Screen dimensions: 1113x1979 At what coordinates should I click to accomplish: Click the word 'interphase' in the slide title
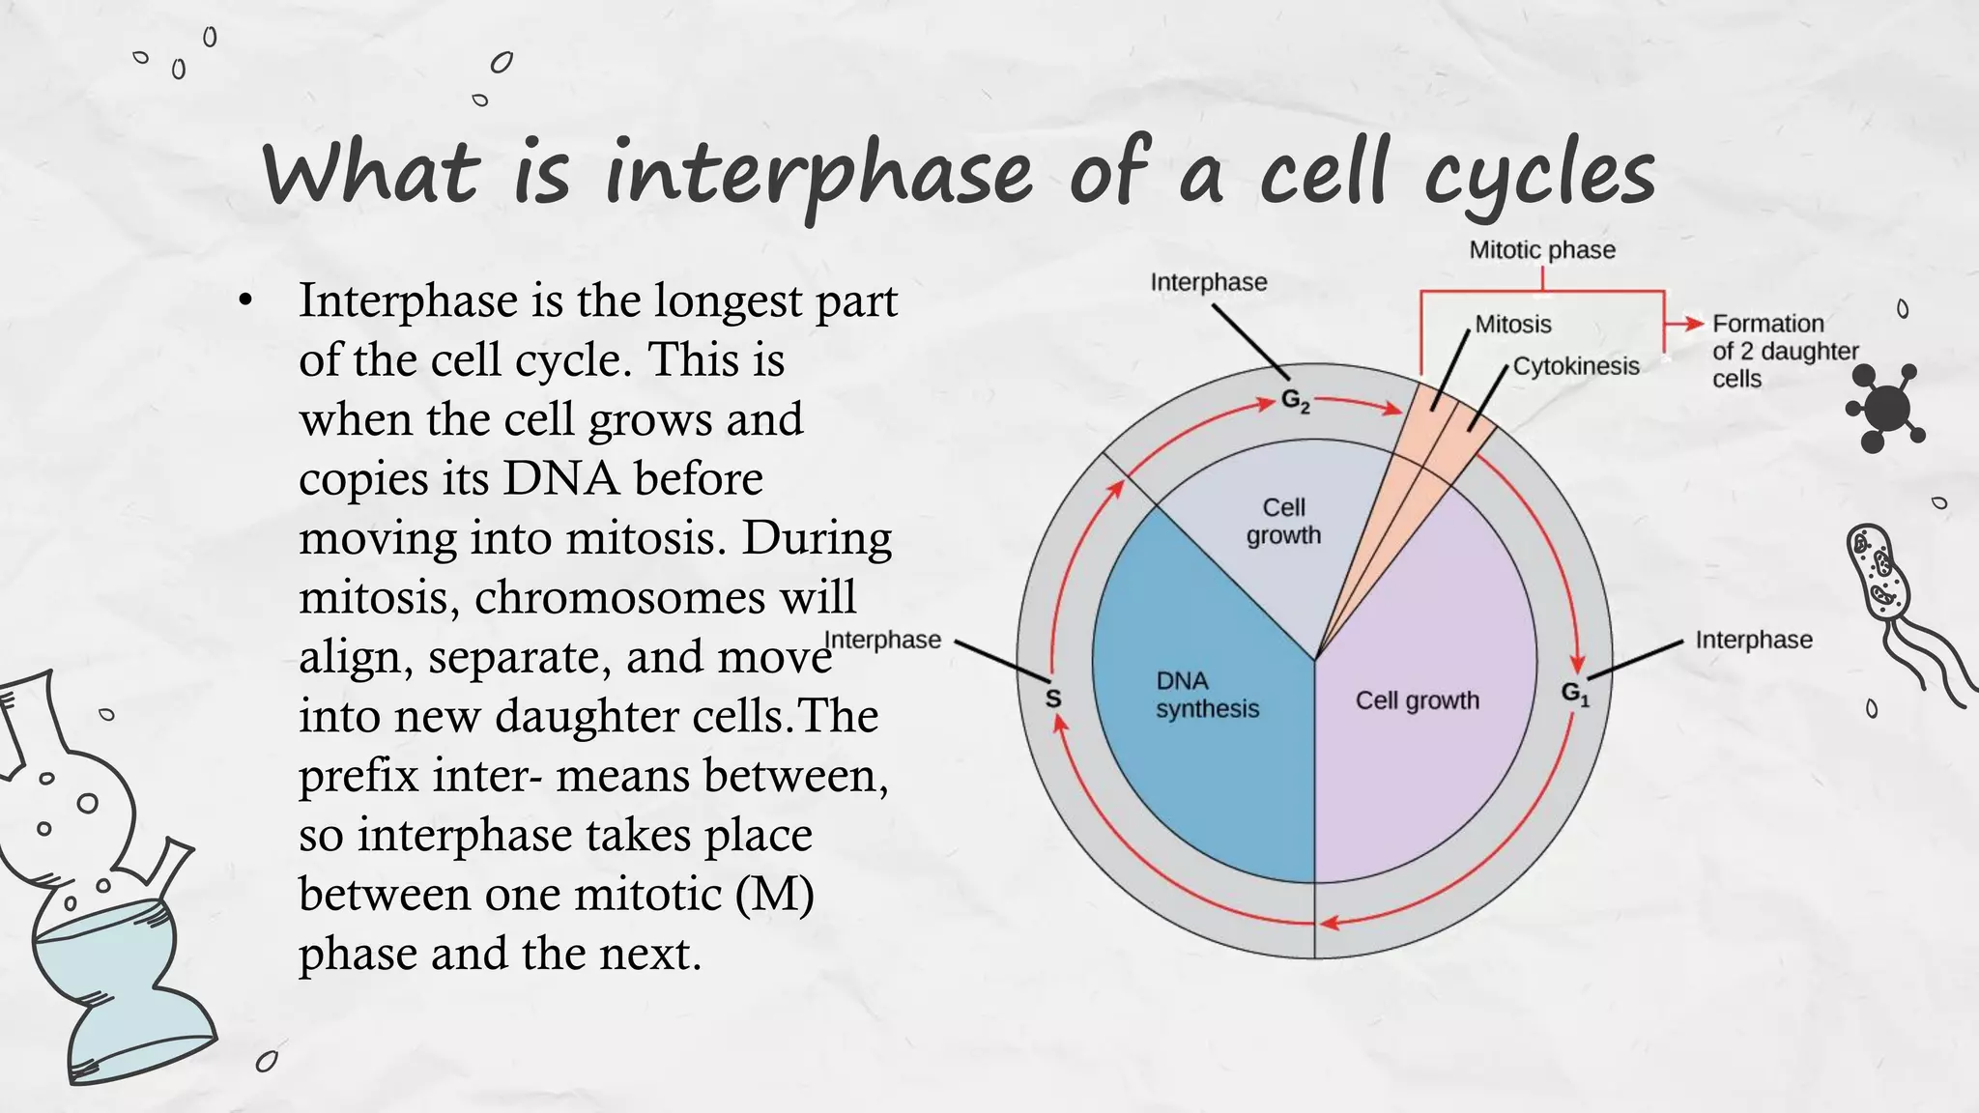coord(818,175)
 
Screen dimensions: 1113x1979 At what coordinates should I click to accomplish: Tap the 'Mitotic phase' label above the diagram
coord(1541,250)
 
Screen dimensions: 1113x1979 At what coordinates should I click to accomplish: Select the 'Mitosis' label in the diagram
coord(1512,325)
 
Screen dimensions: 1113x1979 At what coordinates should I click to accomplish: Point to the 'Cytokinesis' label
coord(1575,366)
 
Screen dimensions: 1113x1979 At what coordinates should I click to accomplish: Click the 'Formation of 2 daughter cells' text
coord(1784,351)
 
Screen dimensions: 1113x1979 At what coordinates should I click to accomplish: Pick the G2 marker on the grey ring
coord(1295,400)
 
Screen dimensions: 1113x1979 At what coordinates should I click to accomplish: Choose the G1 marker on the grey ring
coord(1574,693)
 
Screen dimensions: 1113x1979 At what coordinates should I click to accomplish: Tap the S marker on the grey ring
coord(1053,698)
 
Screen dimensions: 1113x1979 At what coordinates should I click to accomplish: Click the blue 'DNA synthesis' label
coord(1206,695)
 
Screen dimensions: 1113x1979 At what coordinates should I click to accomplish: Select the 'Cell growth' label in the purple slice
coord(1417,700)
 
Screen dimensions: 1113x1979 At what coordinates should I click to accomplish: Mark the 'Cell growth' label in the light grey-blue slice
coord(1283,521)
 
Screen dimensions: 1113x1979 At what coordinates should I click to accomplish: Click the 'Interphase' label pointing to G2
coord(1208,282)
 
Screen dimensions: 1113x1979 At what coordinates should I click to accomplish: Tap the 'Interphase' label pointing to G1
coord(1753,640)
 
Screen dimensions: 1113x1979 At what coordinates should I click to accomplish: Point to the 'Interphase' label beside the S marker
coord(883,640)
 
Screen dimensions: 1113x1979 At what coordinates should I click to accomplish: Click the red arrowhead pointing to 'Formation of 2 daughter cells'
coord(1693,324)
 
